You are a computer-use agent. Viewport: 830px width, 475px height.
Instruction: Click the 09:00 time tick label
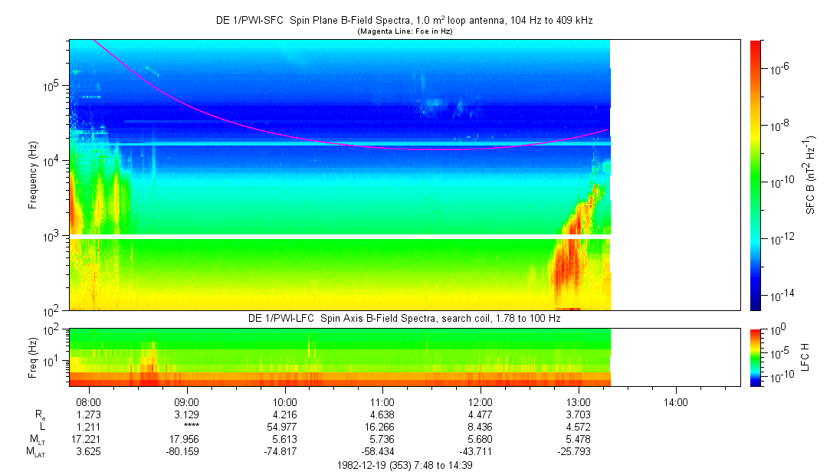tap(187, 402)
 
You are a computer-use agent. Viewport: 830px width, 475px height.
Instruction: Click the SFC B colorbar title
tap(810, 175)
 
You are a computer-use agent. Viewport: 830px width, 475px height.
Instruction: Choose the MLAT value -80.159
tap(187, 451)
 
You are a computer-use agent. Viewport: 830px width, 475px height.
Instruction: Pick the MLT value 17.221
tap(90, 439)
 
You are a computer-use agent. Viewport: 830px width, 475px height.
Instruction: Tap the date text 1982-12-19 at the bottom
tap(363, 464)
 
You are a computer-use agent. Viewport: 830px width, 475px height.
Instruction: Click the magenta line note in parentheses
tap(405, 31)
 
